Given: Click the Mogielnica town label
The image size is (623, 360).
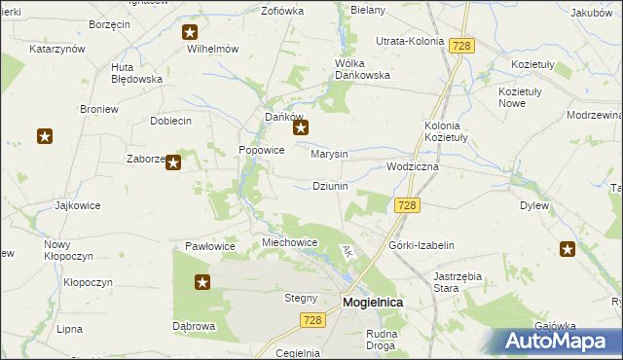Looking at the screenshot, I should [373, 303].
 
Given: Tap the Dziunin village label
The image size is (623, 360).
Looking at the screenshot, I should [330, 185].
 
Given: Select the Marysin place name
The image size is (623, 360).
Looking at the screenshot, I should [329, 154].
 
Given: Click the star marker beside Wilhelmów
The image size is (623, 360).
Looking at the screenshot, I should [191, 32].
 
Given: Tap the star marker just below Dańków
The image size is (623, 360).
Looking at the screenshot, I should [302, 127].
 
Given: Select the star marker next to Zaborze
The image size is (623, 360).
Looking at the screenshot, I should [173, 162].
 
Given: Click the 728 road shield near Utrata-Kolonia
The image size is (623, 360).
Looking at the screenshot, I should [461, 46].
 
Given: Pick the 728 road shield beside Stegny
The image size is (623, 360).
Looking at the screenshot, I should [311, 320].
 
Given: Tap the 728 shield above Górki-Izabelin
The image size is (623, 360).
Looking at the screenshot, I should [408, 205].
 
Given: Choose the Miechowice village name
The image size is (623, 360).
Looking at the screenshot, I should [291, 242].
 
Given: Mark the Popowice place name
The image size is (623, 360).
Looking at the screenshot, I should [262, 151].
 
